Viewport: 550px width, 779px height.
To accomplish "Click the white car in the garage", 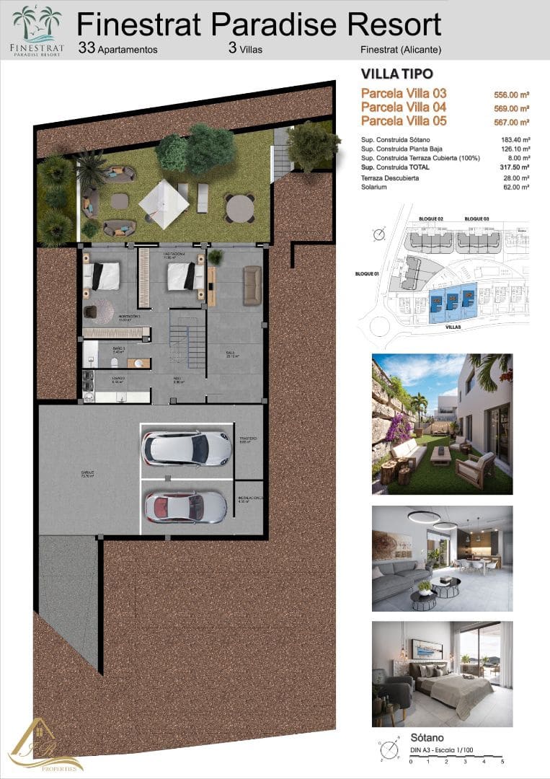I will click(187, 449).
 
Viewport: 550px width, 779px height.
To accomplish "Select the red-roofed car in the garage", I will click(185, 506).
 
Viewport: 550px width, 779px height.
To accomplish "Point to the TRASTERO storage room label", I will click(247, 439).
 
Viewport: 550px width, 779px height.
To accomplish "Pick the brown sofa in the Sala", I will click(252, 286).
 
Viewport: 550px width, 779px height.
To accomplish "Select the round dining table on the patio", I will click(238, 208).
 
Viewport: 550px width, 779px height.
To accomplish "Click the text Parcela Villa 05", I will click(404, 121).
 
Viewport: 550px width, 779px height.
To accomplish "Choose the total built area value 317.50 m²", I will click(516, 167).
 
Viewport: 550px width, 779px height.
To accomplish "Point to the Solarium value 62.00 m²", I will click(516, 188).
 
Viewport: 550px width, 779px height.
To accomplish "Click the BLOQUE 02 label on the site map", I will click(430, 219).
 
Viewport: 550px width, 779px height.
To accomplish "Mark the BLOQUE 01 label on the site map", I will click(368, 274).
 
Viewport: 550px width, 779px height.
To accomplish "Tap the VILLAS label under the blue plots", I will click(453, 327).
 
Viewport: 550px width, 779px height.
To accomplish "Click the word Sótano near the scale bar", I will click(426, 738).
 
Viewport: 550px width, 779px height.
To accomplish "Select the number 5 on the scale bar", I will click(502, 761).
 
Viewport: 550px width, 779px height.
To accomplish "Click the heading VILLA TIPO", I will click(396, 74).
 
